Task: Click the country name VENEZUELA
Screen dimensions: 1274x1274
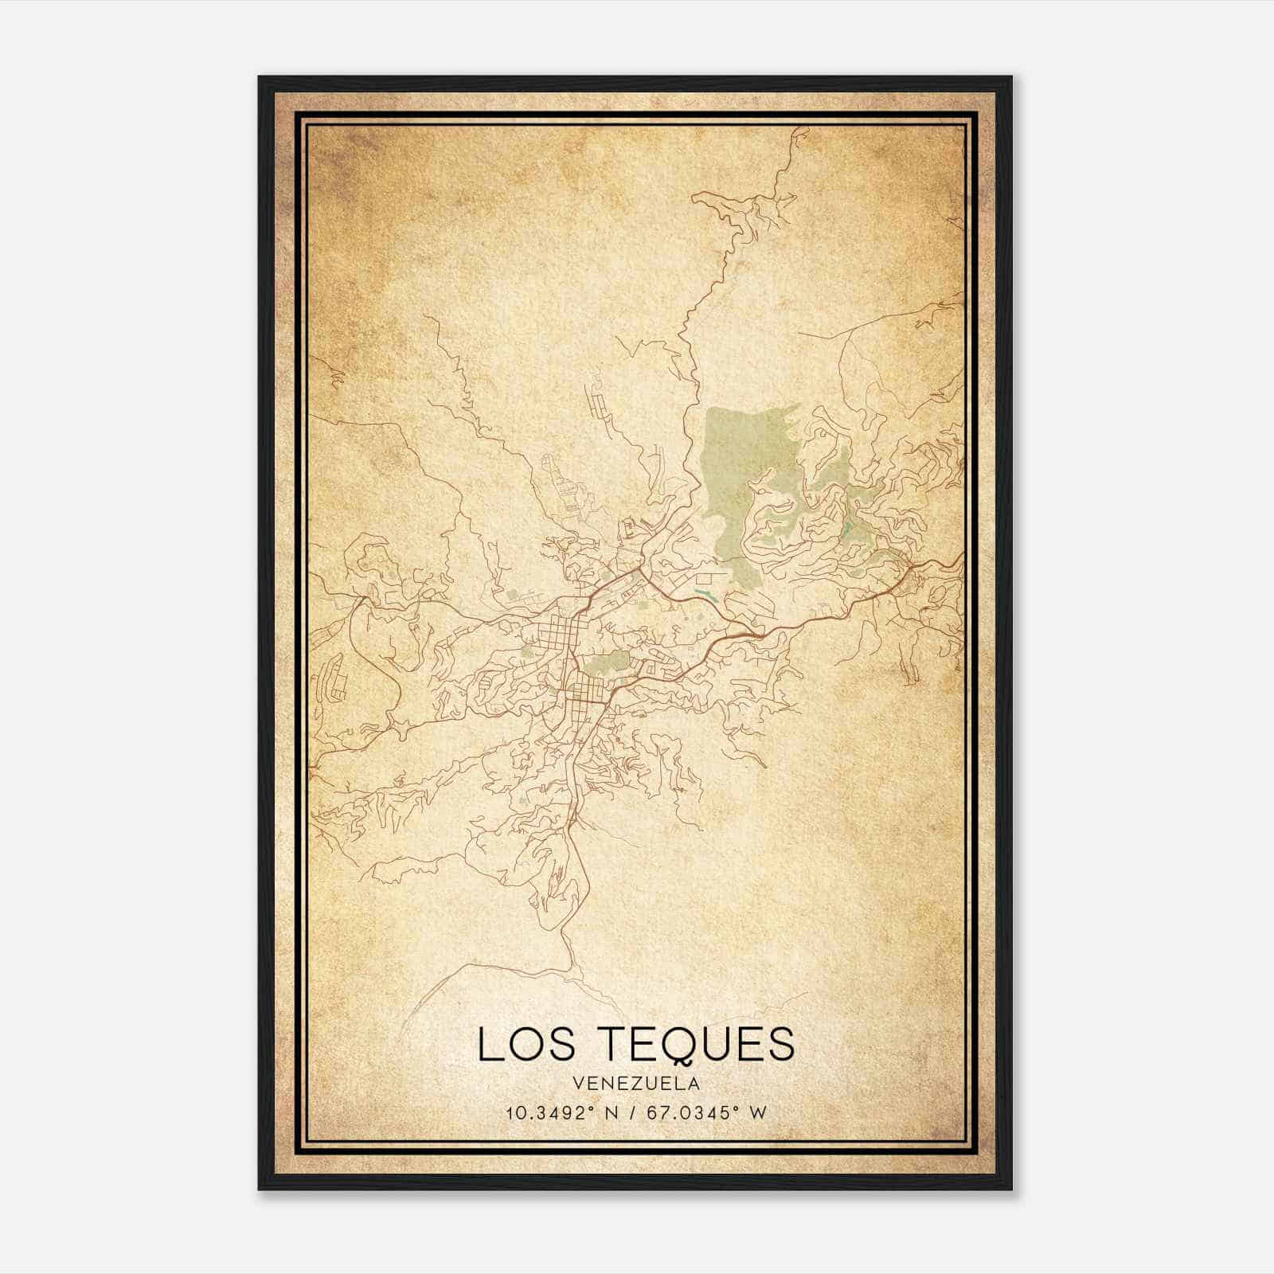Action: [x=635, y=1084]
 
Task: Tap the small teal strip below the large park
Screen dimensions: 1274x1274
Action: [x=702, y=593]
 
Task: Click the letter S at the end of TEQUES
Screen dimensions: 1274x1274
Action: [x=780, y=1044]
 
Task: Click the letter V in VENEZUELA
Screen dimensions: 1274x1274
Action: [x=576, y=1084]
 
